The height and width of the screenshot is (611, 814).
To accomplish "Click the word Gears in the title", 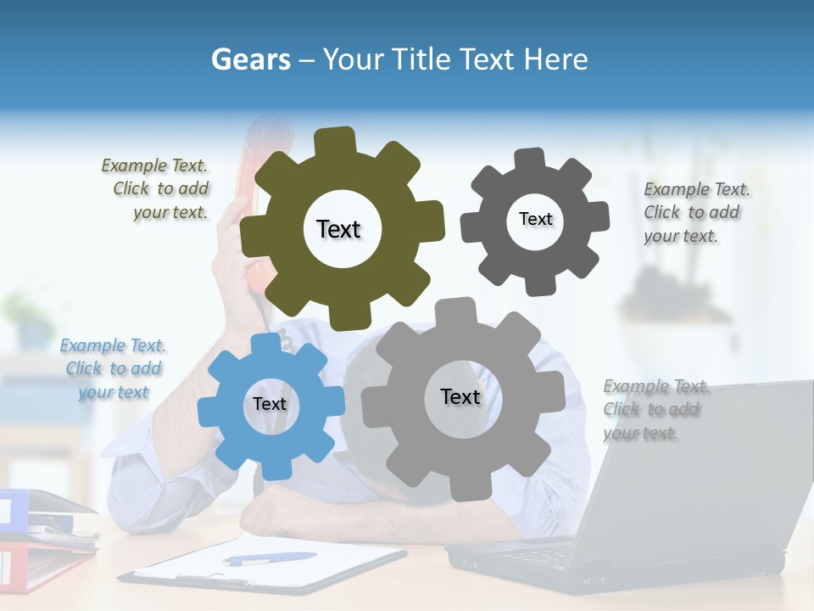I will pos(251,59).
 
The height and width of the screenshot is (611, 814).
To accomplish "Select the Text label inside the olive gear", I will pos(338,229).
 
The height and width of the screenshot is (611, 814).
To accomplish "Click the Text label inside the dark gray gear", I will pos(535,219).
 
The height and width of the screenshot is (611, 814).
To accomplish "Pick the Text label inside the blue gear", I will pos(270,404).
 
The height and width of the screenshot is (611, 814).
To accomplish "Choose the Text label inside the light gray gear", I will pos(460,396).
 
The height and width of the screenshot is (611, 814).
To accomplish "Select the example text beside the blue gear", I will pos(114,369).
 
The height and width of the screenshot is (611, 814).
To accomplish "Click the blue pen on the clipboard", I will pos(269,558).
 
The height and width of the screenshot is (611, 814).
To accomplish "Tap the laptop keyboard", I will pos(543,555).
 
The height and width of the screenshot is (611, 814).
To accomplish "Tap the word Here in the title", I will pos(555,59).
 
